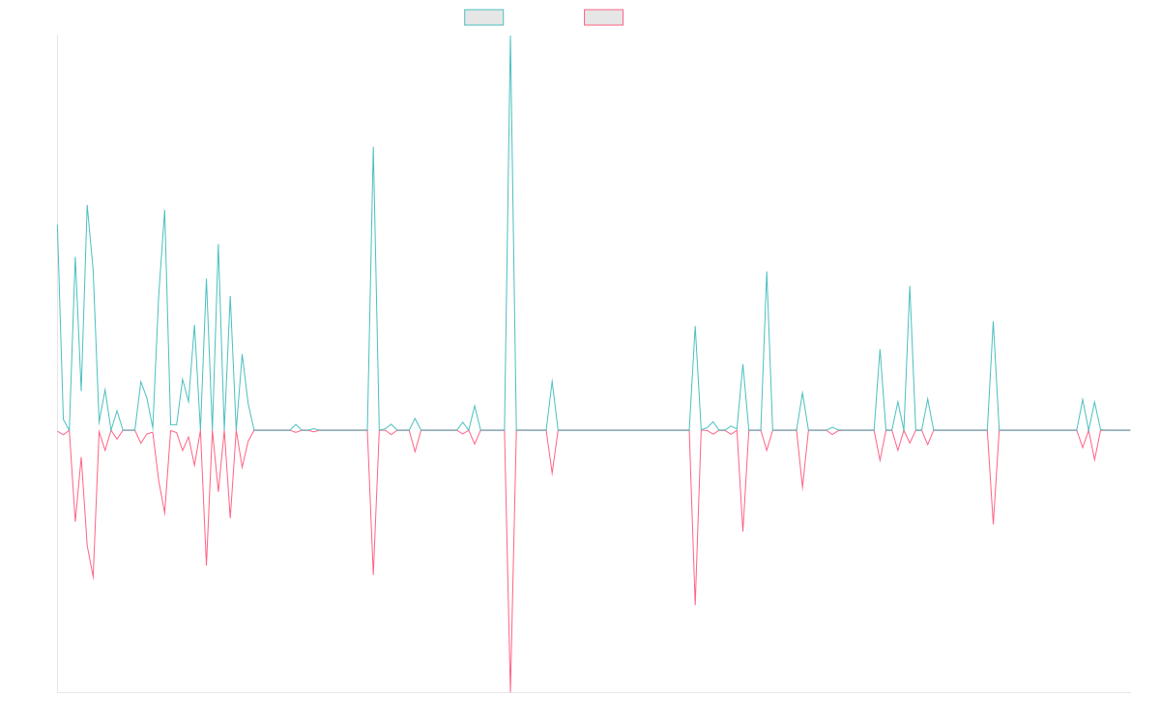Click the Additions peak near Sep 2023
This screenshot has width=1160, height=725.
point(373,147)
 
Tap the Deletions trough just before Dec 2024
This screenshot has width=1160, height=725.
point(695,606)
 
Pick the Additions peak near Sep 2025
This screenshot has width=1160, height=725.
point(993,321)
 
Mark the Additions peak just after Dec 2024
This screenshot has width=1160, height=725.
point(767,272)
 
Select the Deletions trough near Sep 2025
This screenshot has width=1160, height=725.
point(993,524)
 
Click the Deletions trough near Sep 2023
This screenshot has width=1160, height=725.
point(373,574)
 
